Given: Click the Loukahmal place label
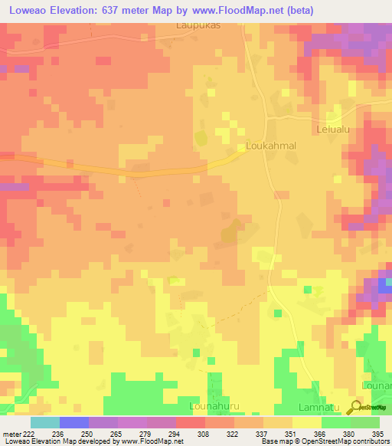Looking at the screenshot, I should click(x=271, y=145).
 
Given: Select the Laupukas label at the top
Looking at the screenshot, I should click(x=198, y=25).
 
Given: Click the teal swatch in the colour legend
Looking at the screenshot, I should click(x=44, y=422).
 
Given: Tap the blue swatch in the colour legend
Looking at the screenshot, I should click(x=73, y=422).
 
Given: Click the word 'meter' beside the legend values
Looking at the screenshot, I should click(x=11, y=434).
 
